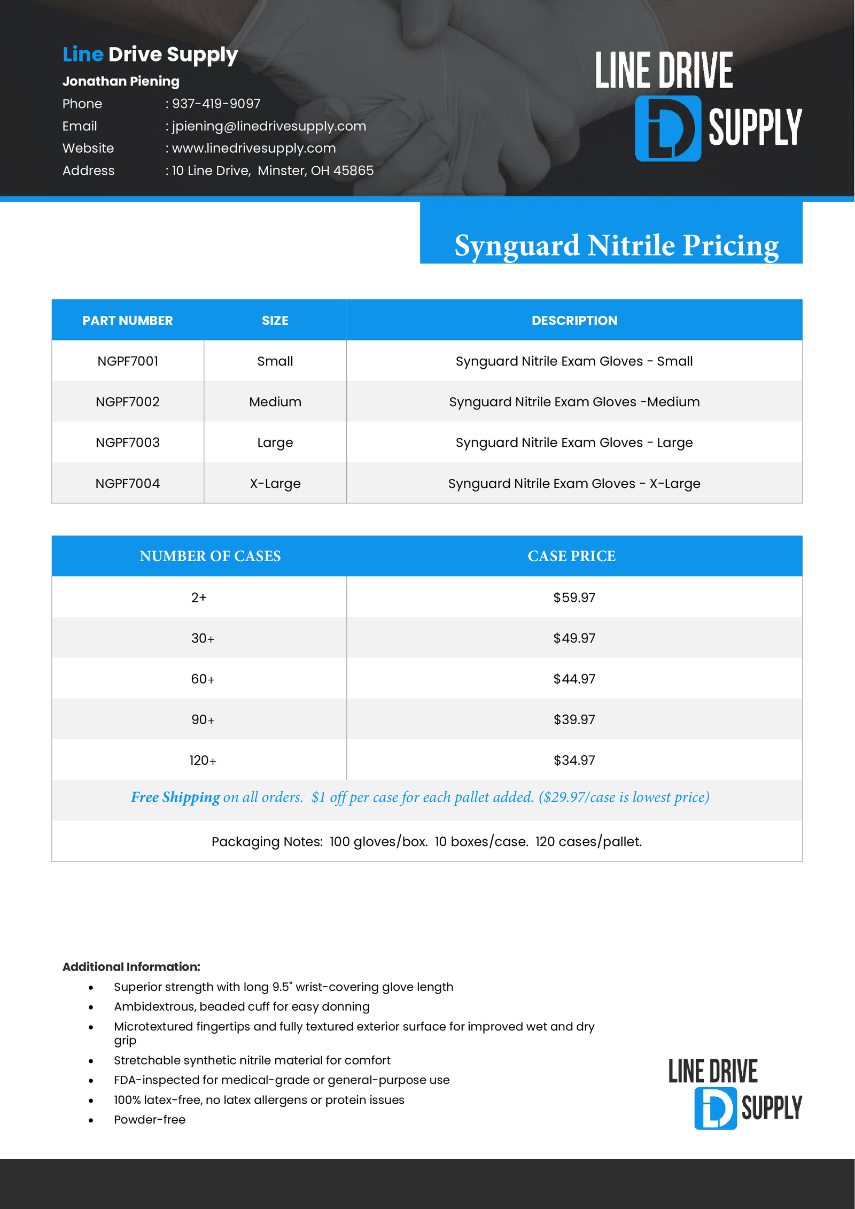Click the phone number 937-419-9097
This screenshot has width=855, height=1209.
point(216,104)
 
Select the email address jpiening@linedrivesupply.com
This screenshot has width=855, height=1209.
point(269,126)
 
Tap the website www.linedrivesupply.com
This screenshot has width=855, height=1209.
point(254,148)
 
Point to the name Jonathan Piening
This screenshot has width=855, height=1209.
point(121,81)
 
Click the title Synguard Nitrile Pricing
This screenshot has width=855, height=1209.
point(616,245)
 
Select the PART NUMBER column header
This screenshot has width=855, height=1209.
point(127,321)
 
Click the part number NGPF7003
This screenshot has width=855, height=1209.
point(128,443)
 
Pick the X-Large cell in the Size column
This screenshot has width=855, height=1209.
point(275,484)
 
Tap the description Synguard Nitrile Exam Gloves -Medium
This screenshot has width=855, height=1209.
point(574,402)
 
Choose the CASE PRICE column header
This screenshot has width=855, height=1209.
point(571,556)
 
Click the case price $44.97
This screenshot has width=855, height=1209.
point(574,679)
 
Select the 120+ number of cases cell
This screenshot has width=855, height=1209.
point(203,760)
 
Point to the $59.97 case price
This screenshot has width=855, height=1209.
point(574,598)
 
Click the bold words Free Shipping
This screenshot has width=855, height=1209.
point(175,797)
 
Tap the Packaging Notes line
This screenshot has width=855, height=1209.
point(426,842)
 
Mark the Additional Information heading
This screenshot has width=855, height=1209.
point(131,967)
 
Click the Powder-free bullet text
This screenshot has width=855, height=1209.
point(150,1120)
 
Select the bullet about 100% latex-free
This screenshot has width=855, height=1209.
point(259,1100)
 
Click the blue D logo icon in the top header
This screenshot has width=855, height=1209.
point(667,128)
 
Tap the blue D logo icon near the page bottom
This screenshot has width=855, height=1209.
point(715,1108)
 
